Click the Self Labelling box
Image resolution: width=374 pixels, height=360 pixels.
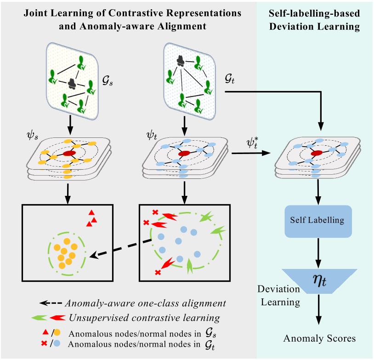pyautogui.click(x=317, y=220)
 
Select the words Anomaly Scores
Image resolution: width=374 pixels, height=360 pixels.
pyautogui.click(x=319, y=339)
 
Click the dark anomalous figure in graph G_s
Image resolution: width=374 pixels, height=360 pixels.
pyautogui.click(x=72, y=83)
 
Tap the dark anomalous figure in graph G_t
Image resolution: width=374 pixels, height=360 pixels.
pyautogui.click(x=180, y=59)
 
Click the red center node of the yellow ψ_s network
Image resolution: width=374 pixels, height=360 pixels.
pyautogui.click(x=69, y=153)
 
